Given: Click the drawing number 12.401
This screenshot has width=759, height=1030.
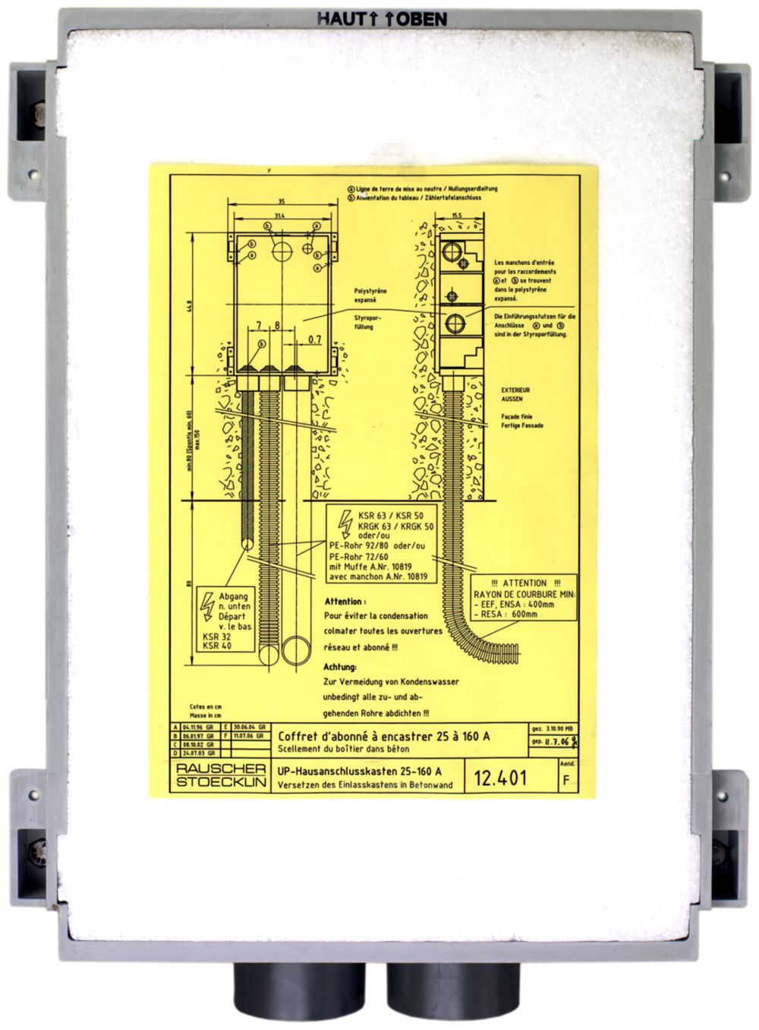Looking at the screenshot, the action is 500,777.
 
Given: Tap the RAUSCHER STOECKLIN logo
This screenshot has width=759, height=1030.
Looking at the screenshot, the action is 220,776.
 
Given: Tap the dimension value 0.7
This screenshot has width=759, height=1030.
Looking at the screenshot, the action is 315,340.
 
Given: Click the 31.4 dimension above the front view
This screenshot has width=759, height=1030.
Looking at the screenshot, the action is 282,216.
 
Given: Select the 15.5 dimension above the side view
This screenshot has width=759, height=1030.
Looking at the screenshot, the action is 455,216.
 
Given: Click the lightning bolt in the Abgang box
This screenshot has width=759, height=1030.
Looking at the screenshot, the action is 206,605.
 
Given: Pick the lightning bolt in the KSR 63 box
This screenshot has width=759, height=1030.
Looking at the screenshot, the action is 344,521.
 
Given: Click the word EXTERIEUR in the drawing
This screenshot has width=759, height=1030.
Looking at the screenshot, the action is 515,390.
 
